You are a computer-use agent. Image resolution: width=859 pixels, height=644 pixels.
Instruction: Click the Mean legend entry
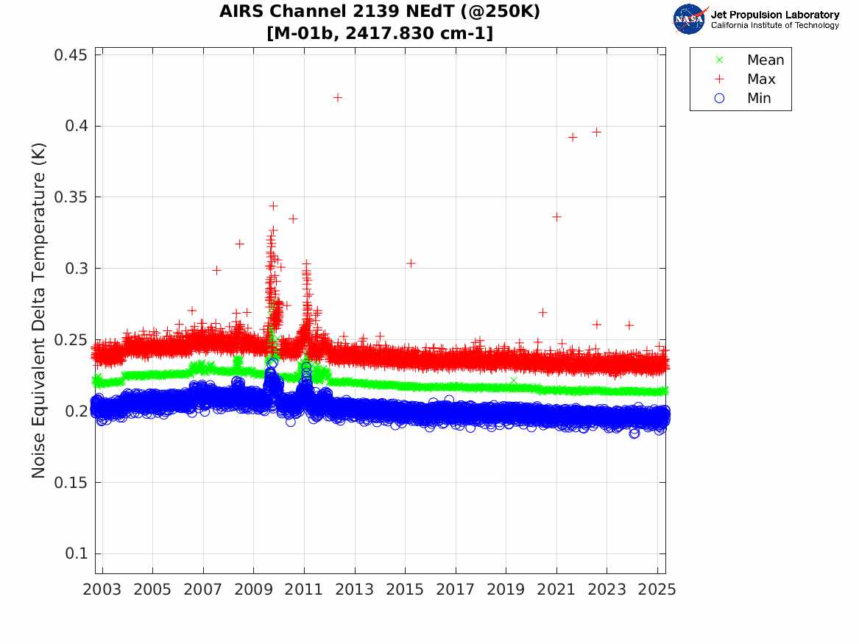tap(765, 60)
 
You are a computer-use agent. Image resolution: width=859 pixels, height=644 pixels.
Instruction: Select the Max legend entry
tap(760, 79)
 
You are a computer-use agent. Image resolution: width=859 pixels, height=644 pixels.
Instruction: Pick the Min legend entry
tap(759, 98)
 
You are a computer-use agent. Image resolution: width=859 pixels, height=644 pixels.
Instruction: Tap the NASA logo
tap(690, 19)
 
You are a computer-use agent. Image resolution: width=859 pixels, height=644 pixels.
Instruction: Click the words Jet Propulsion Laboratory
tap(774, 15)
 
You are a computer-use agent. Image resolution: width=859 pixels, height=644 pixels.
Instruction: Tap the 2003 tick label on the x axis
tap(102, 590)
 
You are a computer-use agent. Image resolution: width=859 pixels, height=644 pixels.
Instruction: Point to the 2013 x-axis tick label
tap(355, 590)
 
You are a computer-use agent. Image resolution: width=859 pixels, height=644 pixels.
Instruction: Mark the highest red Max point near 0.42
tap(338, 97)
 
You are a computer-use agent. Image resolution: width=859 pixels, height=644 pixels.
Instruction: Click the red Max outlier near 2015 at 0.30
tap(411, 263)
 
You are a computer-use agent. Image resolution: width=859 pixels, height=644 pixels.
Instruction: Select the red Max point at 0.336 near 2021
tap(556, 216)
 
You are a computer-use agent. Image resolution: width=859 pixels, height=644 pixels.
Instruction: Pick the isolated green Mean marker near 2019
tap(514, 380)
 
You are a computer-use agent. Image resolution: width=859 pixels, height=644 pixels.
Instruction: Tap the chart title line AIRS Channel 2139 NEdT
tap(379, 13)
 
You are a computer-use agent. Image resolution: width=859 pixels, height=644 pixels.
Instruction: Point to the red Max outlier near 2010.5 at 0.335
tap(293, 219)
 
